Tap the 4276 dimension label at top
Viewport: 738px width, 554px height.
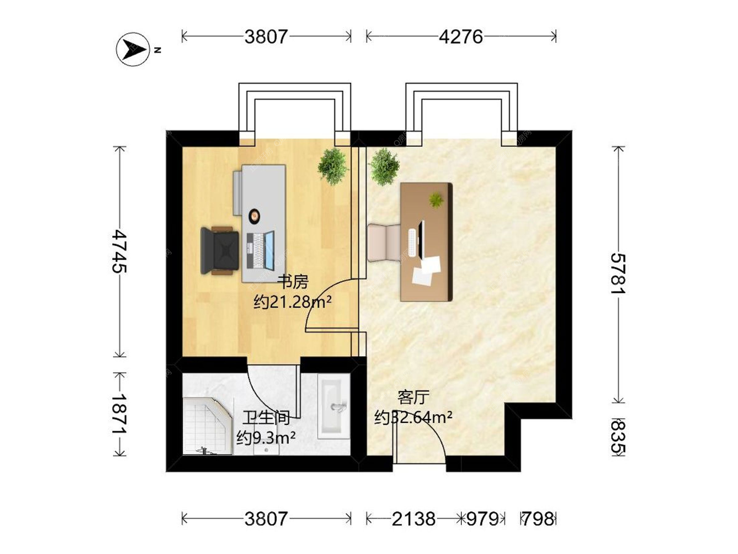coord(461,37)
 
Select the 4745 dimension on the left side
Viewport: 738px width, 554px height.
coord(120,252)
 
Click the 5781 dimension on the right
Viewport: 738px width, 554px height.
coord(618,274)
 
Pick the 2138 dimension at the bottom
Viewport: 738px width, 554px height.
coord(414,519)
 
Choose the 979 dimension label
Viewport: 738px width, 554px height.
coord(482,519)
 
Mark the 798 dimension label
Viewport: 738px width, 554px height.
coord(538,519)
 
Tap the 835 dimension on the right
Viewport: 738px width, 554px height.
coord(618,437)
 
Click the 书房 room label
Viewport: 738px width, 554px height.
coord(293,282)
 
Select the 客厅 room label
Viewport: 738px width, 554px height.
coord(413,397)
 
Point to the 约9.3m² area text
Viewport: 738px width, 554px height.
coord(266,437)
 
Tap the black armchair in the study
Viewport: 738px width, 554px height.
coord(219,251)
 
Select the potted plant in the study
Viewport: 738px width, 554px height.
coord(333,166)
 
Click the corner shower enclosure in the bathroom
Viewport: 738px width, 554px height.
coord(208,426)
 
